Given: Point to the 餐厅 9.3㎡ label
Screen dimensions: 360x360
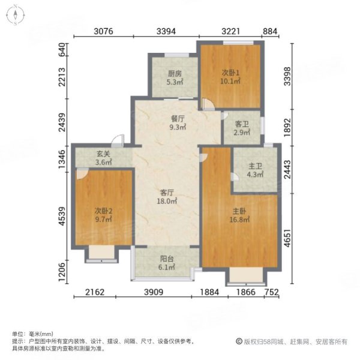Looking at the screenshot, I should point(178,123).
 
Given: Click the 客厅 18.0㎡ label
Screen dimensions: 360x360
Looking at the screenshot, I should point(167,197).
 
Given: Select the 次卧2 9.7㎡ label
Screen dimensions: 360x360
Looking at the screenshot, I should point(103,215).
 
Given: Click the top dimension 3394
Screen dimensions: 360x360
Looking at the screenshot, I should point(166,31).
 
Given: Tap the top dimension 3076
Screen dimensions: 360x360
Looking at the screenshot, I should point(104,31).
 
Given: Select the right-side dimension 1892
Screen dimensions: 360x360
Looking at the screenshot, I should point(287,127).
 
